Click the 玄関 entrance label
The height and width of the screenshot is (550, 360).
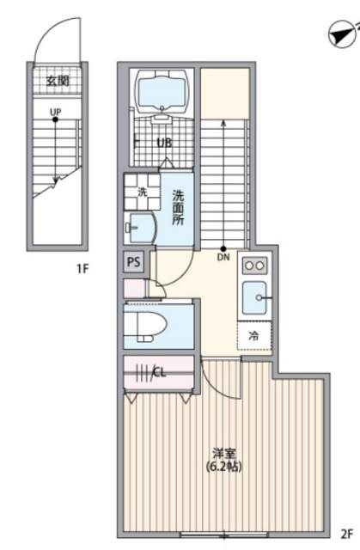(x=58, y=82)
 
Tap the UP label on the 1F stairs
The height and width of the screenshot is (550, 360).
(x=55, y=112)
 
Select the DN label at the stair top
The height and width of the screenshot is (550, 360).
(x=223, y=257)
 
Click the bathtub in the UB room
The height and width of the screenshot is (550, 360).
(x=162, y=92)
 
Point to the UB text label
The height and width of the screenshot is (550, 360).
(x=164, y=143)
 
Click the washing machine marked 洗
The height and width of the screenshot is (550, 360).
(x=142, y=192)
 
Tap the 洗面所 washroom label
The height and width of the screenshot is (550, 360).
(x=178, y=207)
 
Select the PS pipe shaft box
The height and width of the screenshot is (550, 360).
(x=133, y=261)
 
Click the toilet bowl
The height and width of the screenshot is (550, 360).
(x=146, y=327)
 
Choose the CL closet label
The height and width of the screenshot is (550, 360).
(x=159, y=372)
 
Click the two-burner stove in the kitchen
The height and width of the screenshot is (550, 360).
(x=255, y=266)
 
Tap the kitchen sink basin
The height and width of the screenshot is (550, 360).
(x=255, y=297)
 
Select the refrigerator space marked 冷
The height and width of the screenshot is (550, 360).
(x=254, y=336)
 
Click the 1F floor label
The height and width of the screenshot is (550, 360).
(x=82, y=269)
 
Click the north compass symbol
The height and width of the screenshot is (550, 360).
(x=342, y=35)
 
